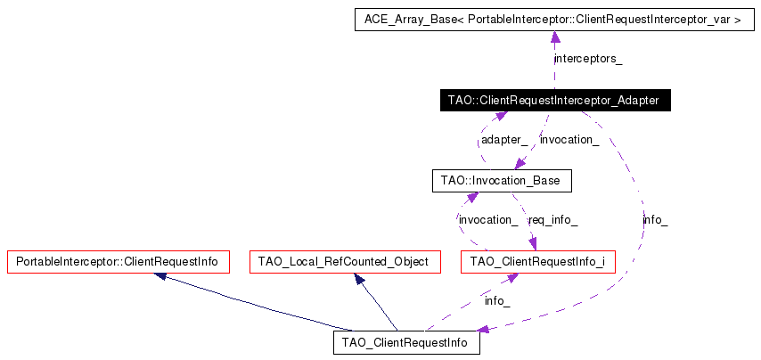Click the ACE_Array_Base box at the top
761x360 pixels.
[x=552, y=18]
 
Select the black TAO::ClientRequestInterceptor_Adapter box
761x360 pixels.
[x=554, y=100]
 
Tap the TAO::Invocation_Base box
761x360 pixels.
[x=500, y=181]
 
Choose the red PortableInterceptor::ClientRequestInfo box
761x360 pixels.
[x=118, y=262]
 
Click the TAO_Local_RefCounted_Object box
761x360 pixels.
[x=343, y=262]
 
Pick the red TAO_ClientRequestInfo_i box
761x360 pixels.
[x=537, y=262]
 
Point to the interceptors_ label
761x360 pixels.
[x=588, y=59]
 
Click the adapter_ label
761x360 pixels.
[x=503, y=140]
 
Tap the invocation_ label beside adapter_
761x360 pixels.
[x=569, y=140]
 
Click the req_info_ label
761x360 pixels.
[x=552, y=219]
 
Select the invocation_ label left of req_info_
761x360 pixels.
[x=487, y=219]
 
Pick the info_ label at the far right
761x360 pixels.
[x=655, y=219]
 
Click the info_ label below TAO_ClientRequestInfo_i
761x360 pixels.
[x=497, y=300]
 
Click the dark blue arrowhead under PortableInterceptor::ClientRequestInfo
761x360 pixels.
[x=160, y=276]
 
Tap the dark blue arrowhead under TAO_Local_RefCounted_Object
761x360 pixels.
[x=359, y=278]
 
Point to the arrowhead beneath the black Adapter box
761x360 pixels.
[x=501, y=116]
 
